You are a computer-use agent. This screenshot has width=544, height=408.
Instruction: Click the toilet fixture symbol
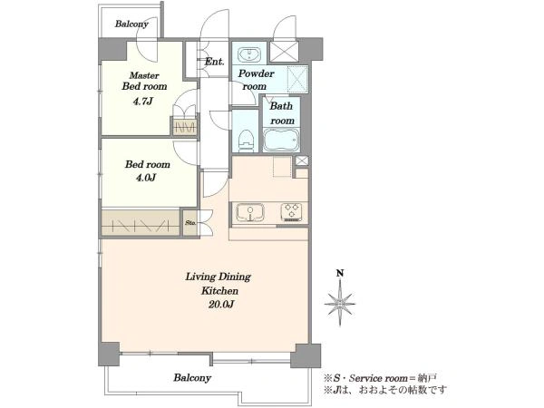coord(246,141)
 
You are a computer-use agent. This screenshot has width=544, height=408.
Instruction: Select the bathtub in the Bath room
coord(281,140)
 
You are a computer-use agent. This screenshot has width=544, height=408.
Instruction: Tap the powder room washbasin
coord(248,54)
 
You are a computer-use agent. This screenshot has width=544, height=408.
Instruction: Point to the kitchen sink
coord(250,212)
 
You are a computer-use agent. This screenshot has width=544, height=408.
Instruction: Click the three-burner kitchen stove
coord(291,212)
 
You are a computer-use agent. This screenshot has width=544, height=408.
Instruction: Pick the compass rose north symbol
coord(340,303)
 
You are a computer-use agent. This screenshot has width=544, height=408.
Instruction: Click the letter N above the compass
coord(340,273)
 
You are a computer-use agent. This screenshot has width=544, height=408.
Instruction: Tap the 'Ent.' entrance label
coord(214,62)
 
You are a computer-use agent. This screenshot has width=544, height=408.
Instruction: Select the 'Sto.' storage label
coord(190,222)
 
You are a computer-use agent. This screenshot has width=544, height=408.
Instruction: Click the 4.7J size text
coord(142,102)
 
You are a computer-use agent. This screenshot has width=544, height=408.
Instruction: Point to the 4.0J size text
coord(145,178)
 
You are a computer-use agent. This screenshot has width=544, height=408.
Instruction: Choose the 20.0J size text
coord(221,305)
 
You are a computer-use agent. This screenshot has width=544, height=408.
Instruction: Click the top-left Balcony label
coord(131,24)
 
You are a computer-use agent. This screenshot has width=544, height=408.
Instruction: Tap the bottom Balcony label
coord(192,377)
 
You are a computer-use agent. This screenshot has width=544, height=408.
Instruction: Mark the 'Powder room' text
coord(256,80)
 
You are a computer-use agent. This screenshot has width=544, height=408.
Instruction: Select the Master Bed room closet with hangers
coord(185,127)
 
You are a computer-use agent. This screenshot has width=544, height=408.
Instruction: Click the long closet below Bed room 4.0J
coord(141,222)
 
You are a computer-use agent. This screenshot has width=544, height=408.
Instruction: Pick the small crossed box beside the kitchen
coord(302,160)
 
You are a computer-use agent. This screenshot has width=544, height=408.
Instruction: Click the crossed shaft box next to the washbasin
coord(284,52)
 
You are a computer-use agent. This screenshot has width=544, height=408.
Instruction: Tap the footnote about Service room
coord(380,378)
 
